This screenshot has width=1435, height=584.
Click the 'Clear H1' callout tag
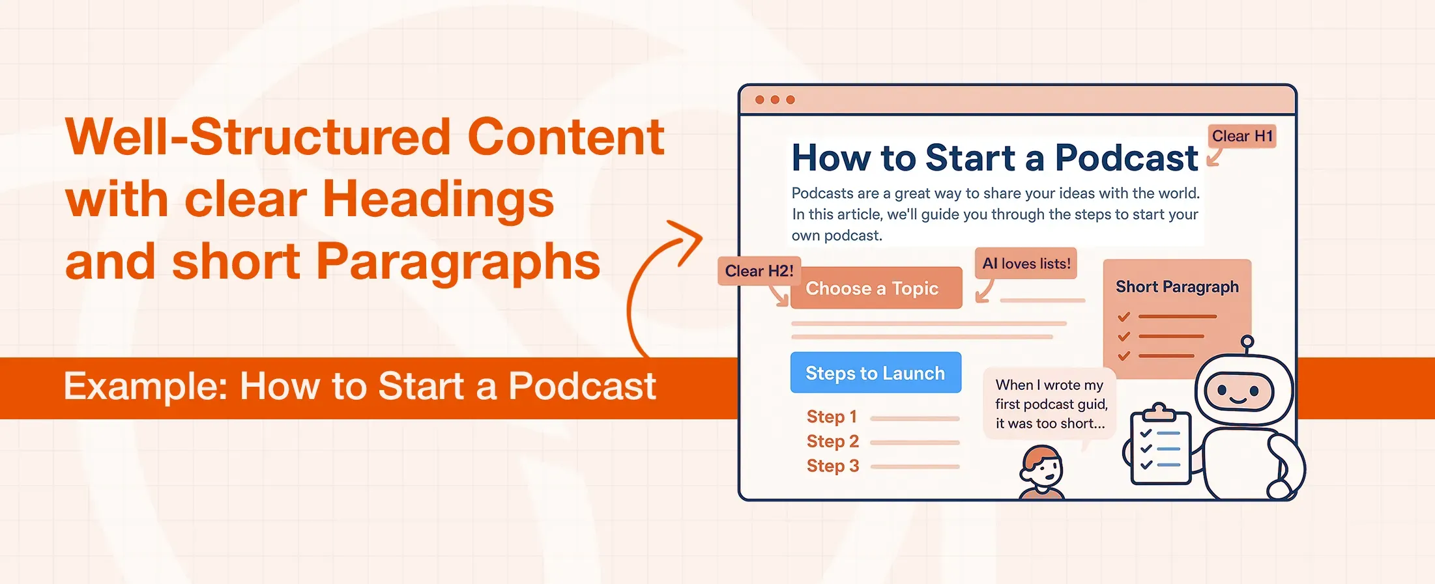pyautogui.click(x=1241, y=136)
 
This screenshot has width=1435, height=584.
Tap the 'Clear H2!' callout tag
pyautogui.click(x=759, y=271)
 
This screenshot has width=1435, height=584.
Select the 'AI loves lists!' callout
pyautogui.click(x=1026, y=264)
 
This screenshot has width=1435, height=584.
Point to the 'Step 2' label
pyautogui.click(x=832, y=441)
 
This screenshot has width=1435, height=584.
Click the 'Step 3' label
pyautogui.click(x=832, y=466)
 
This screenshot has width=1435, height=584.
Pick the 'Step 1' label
pyautogui.click(x=831, y=417)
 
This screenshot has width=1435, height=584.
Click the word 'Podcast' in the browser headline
pyautogui.click(x=1125, y=158)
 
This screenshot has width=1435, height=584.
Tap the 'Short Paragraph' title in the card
pyautogui.click(x=1176, y=287)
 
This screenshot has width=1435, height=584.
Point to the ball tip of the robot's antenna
pyautogui.click(x=1247, y=342)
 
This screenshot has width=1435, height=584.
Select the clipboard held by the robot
pyautogui.click(x=1160, y=448)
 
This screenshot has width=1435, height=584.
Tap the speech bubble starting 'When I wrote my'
pyautogui.click(x=1050, y=404)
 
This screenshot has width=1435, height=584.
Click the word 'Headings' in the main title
pyautogui.click(x=437, y=199)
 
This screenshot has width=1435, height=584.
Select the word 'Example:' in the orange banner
pyautogui.click(x=145, y=387)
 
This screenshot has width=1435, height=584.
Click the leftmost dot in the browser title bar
pyautogui.click(x=759, y=100)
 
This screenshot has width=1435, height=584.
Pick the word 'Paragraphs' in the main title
pyautogui.click(x=457, y=262)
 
